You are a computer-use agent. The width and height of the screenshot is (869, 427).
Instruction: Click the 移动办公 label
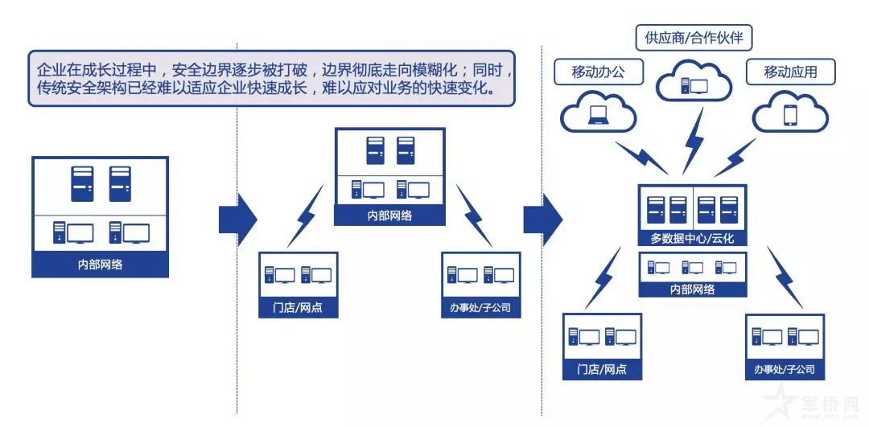(x=597, y=72)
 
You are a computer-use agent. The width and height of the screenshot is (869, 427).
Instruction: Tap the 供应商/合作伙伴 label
(x=694, y=37)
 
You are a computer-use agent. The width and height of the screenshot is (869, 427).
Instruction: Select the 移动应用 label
(x=790, y=72)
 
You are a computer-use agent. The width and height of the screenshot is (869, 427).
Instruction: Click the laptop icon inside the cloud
(x=597, y=116)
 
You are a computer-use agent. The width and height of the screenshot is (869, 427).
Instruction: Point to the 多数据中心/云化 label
(x=692, y=239)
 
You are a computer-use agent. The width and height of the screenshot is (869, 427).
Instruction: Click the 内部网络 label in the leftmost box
(x=101, y=265)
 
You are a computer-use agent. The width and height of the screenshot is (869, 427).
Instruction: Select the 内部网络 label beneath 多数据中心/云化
(x=692, y=289)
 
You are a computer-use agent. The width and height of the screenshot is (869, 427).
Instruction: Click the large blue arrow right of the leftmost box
(x=237, y=218)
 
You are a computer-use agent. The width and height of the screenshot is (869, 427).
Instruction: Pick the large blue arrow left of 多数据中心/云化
(x=543, y=218)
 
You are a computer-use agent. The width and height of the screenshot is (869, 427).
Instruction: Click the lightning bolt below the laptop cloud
(x=640, y=158)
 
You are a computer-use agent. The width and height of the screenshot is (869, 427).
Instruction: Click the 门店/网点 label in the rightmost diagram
(x=602, y=370)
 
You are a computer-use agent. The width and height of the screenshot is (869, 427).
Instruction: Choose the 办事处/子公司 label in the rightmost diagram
(x=785, y=370)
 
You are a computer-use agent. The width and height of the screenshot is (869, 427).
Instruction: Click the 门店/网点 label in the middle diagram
(x=299, y=307)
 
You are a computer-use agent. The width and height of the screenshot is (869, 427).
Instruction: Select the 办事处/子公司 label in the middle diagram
(x=481, y=307)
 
